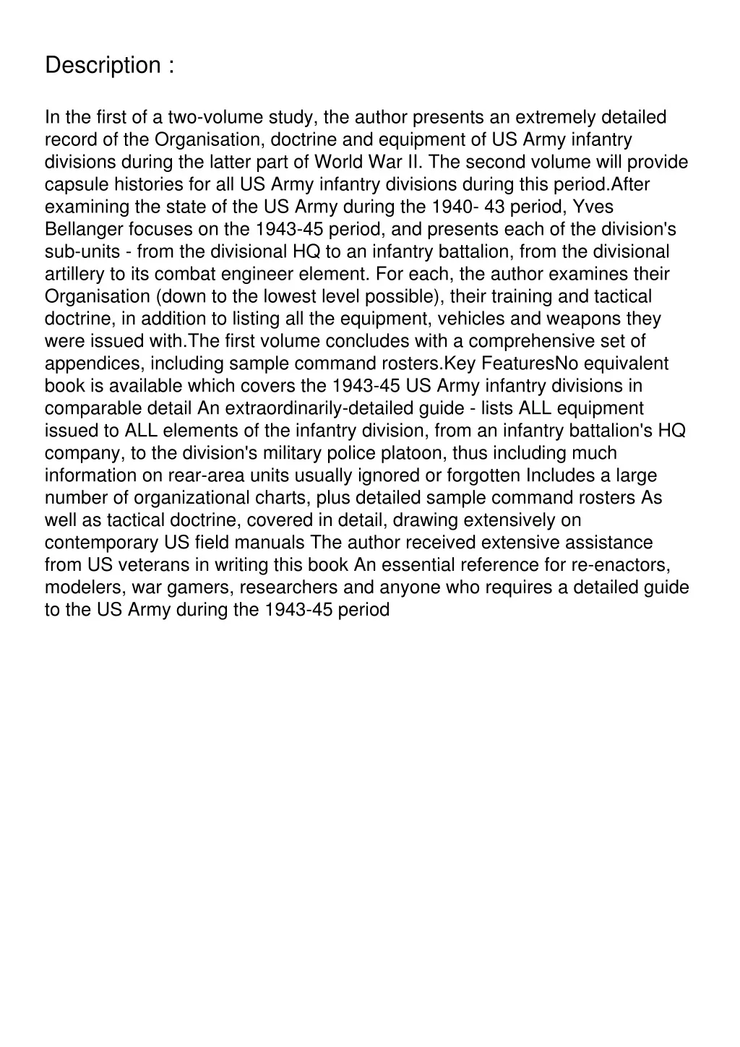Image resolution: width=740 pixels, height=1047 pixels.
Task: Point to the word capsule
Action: (74, 185)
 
